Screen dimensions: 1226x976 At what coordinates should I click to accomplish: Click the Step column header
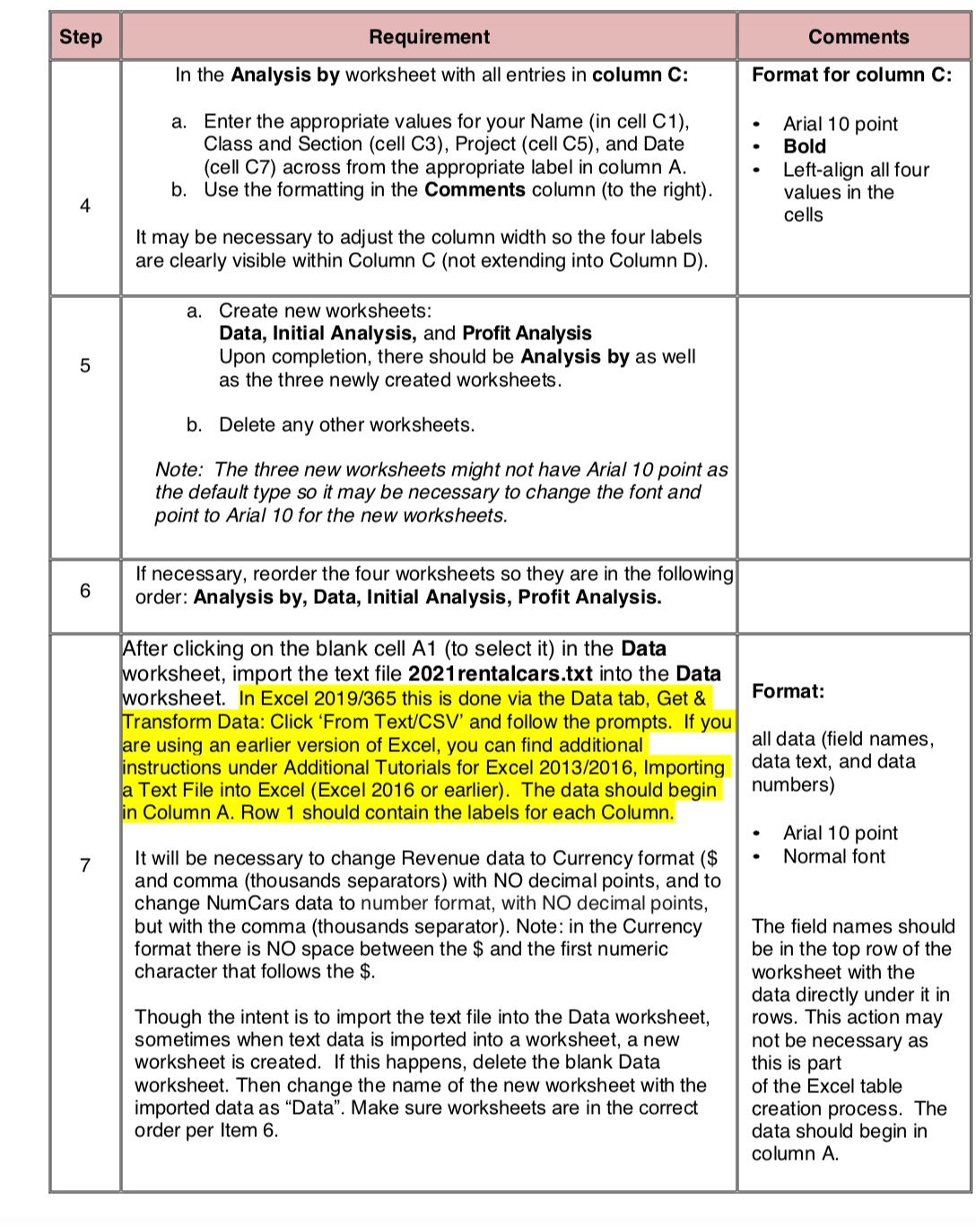coord(81,37)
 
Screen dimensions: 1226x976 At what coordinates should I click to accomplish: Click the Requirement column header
coord(429,37)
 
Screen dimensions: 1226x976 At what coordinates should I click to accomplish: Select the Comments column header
coord(858,37)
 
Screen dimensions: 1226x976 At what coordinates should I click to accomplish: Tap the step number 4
coord(85,206)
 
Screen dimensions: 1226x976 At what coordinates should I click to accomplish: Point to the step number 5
coord(85,365)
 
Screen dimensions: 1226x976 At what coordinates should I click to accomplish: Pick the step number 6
coord(85,591)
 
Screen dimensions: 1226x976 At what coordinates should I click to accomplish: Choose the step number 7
coord(85,865)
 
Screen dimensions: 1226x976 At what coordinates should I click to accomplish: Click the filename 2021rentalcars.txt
coord(500,674)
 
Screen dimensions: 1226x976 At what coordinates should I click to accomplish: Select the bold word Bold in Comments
coord(805,146)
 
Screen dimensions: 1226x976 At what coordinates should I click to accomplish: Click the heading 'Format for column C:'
coord(851,74)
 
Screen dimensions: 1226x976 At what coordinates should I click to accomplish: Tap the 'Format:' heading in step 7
coord(788,691)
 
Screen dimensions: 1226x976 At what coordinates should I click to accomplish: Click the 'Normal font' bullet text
coord(833,856)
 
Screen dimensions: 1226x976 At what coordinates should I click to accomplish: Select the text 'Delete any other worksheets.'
coord(346,425)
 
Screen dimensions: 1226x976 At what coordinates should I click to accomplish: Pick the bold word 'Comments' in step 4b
coord(475,189)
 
